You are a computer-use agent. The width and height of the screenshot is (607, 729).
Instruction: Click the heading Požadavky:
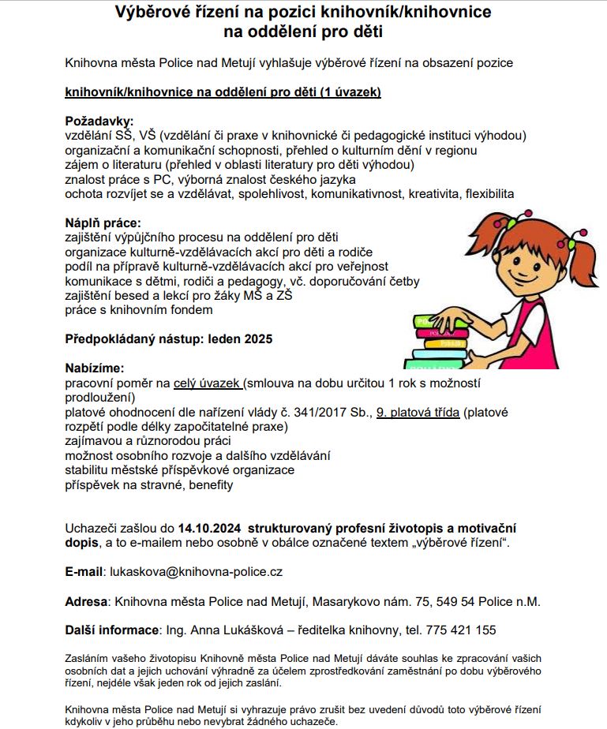(x=99, y=121)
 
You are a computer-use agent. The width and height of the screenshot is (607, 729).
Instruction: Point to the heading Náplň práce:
(x=103, y=223)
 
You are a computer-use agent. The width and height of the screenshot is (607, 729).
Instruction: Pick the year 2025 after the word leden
(x=257, y=339)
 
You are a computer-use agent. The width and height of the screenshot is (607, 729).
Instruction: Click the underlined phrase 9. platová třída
(x=418, y=413)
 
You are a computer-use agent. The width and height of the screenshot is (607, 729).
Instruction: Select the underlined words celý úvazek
(x=208, y=383)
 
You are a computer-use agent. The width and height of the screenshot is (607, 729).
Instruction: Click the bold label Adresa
(x=85, y=601)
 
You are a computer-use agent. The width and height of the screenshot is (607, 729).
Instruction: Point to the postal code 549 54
(x=456, y=601)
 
